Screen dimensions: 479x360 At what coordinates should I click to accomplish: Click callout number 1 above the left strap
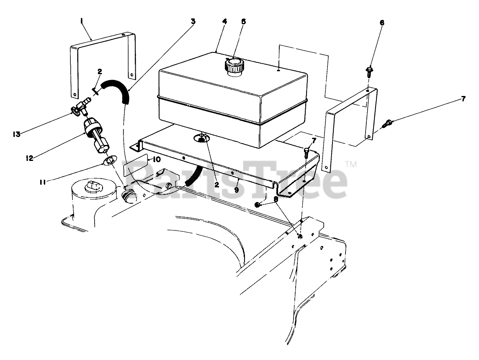click(82, 20)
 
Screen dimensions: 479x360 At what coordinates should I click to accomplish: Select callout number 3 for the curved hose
click(193, 21)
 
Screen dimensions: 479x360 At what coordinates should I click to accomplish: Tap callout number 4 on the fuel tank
click(225, 21)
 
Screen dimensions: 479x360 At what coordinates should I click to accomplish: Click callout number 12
click(30, 158)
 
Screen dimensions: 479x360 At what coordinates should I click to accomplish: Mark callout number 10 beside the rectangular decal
click(156, 159)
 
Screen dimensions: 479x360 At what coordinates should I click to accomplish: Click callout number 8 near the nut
click(276, 199)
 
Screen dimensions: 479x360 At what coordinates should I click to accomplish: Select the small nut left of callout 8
click(259, 204)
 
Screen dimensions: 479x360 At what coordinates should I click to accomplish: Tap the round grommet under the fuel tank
click(202, 138)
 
